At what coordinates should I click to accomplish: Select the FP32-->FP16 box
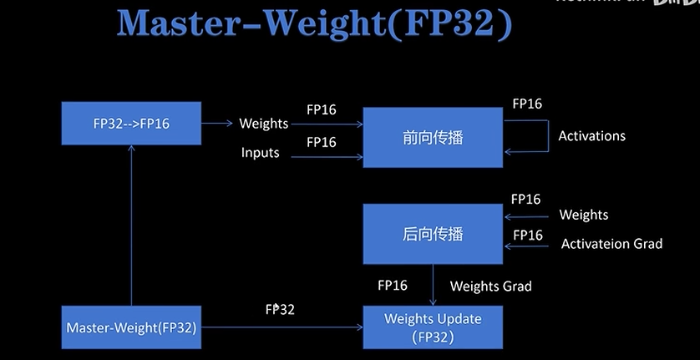pos(131,124)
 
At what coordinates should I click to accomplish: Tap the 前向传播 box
pos(432,137)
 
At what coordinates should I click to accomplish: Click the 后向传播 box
pos(432,234)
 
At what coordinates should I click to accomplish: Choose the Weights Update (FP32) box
pos(432,327)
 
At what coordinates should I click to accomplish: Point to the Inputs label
pos(261,153)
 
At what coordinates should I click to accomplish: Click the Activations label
pos(591,135)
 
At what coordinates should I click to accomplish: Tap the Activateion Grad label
pos(611,244)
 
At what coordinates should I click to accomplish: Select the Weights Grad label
pos(490,286)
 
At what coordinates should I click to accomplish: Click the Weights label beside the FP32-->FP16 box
pos(263,124)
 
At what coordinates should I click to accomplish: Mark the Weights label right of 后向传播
pos(583,215)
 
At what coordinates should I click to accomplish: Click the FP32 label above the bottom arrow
pos(280,309)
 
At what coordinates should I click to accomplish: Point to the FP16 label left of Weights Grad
pos(393,286)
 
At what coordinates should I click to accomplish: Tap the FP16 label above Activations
pos(527,104)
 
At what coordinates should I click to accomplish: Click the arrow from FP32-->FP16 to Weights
pos(217,124)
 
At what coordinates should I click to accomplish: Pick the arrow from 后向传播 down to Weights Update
pos(433,284)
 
